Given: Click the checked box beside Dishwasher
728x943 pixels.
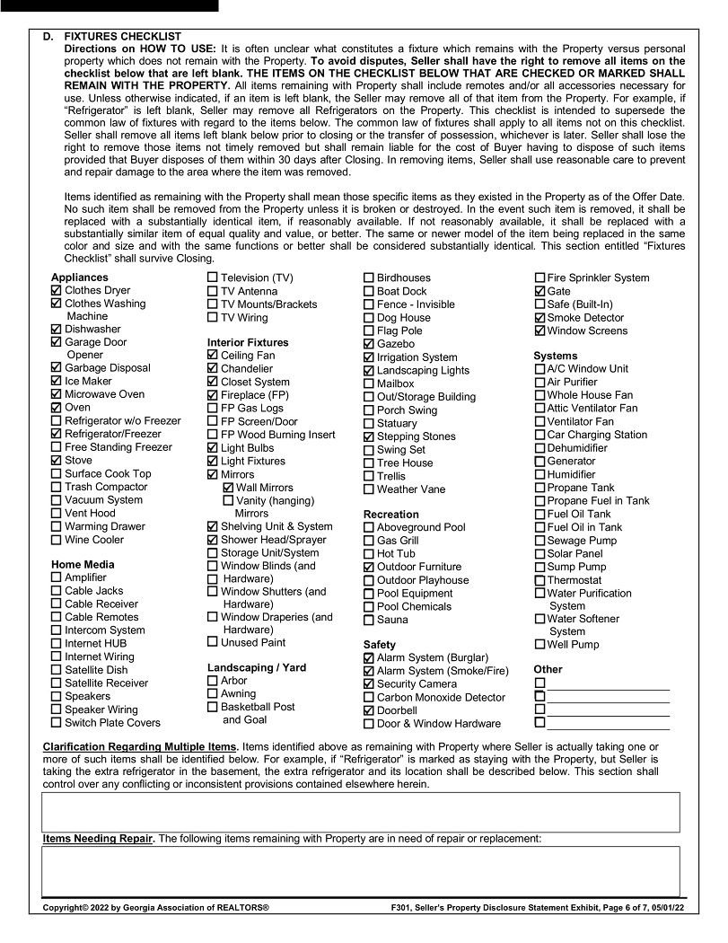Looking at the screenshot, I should coord(57,330).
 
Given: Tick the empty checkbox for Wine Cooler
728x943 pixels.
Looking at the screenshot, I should coord(57,540).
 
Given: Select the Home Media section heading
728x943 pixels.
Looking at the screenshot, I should coord(83,564).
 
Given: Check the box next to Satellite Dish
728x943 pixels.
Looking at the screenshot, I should coord(57,670).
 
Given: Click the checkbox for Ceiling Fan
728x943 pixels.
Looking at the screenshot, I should coord(213,356).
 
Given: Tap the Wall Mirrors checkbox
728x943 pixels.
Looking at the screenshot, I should coord(228,488).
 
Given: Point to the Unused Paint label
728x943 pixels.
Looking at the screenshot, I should coord(253,642).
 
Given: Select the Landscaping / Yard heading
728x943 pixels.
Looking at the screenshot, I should coord(257,667).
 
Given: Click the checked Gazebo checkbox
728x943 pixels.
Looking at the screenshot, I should coord(369,344).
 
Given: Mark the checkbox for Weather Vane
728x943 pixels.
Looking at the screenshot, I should coord(369,489).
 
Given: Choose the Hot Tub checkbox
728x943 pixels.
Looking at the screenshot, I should coord(369,554).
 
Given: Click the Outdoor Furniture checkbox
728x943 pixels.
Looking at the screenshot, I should coord(369,567).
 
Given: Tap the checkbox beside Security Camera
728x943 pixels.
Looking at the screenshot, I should coord(369,684).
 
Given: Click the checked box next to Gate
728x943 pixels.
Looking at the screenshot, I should coord(539,292).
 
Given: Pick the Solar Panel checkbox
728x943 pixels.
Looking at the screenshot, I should coord(539,554).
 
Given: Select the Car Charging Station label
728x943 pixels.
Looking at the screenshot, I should coord(597,435).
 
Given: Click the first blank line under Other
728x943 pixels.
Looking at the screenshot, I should coord(609,683).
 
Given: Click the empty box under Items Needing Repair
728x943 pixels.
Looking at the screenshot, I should coord(360,871).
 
